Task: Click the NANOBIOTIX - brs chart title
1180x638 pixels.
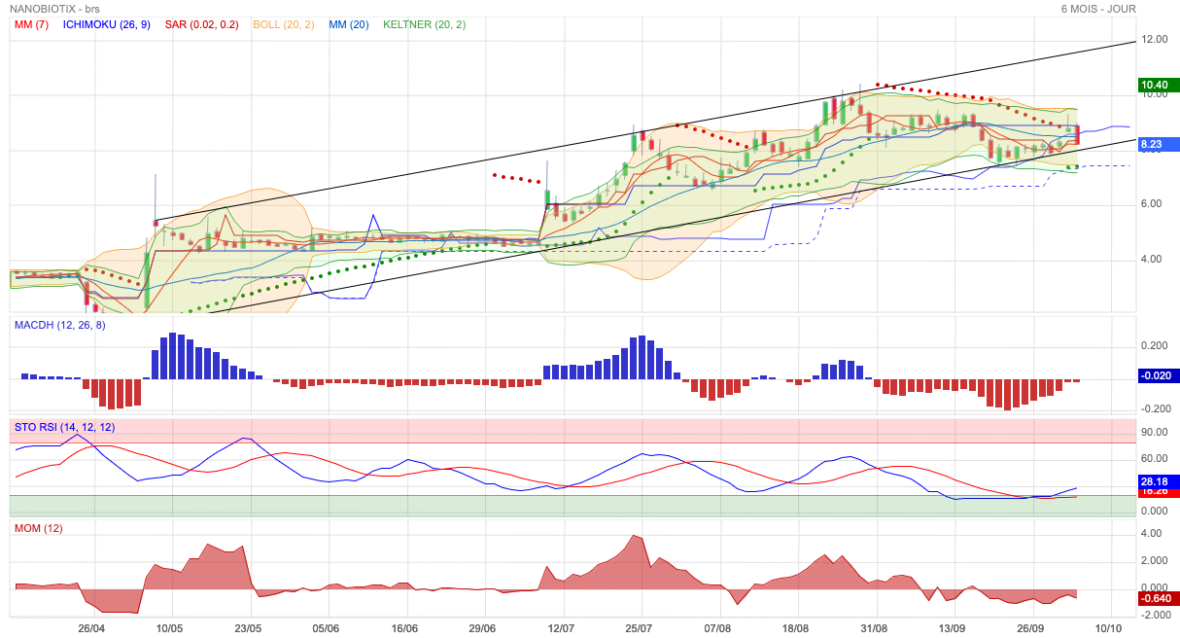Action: [56, 9]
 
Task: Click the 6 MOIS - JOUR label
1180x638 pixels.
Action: [1098, 9]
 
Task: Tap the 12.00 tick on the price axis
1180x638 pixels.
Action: [1155, 40]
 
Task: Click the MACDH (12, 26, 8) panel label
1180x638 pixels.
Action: [59, 325]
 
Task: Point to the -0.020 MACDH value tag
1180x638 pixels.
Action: [1158, 375]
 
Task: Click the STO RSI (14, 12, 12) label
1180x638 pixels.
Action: [63, 427]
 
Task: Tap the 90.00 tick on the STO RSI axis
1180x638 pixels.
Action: [1155, 433]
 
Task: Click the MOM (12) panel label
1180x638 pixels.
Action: [38, 528]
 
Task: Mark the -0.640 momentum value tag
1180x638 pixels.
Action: [1158, 598]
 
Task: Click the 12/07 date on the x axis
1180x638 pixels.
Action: [562, 628]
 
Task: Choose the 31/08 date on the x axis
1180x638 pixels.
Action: [875, 628]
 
